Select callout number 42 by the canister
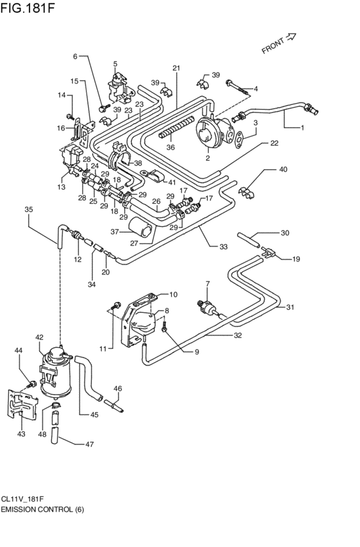pos(39,337)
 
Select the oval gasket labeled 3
pos(240,138)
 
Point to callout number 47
pos(89,444)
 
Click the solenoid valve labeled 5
pos(117,86)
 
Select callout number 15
pos(74,81)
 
